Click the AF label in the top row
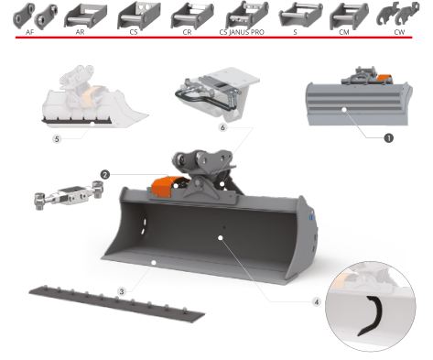pos(31,32)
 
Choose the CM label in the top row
pos(344,32)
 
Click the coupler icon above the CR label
pos(186,15)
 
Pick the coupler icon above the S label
pos(294,15)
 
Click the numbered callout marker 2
pos(106,173)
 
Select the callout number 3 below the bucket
pos(122,290)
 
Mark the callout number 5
pos(57,140)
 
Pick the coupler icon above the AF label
pos(31,15)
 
